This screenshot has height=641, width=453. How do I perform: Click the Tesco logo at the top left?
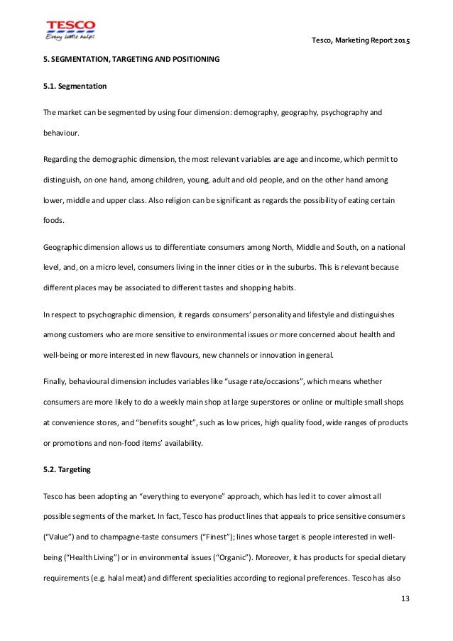70,31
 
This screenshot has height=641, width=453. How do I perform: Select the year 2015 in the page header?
400,40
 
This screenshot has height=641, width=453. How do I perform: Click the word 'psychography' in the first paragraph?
346,112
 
